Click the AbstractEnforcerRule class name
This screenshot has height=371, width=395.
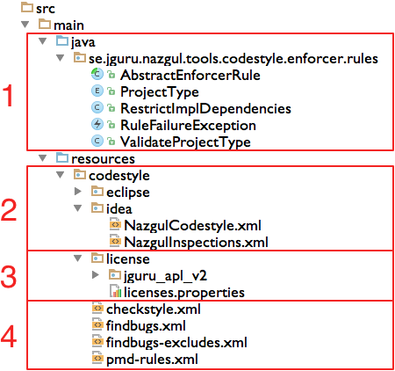(x=190, y=76)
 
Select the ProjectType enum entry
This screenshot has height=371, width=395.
(x=160, y=92)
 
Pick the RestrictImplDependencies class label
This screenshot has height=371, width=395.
(x=205, y=109)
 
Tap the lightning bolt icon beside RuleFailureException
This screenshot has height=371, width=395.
(x=97, y=125)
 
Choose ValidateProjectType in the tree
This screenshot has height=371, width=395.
(x=185, y=142)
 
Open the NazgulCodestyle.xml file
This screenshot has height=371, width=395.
(x=192, y=226)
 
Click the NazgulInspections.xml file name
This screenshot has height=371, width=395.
(x=196, y=243)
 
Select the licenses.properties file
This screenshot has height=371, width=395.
(x=184, y=293)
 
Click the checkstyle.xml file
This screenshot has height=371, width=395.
(x=154, y=309)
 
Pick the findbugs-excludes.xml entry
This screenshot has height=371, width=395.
(x=176, y=343)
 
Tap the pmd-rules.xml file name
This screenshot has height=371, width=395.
(x=152, y=360)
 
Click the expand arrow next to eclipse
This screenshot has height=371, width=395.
(x=78, y=192)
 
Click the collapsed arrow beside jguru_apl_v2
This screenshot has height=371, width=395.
(x=96, y=275)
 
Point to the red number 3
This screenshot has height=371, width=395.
(x=9, y=276)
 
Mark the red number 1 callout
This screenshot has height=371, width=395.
(x=8, y=95)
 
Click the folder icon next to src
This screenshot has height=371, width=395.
(x=27, y=7)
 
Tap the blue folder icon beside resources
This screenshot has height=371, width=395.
(x=62, y=157)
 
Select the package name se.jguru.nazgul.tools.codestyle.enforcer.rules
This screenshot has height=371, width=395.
(x=233, y=59)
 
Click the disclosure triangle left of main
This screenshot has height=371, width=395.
(x=25, y=25)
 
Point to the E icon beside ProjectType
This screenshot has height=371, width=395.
(x=97, y=91)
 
